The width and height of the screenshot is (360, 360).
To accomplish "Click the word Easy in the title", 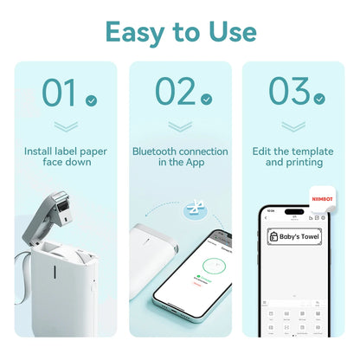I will coord(137,31).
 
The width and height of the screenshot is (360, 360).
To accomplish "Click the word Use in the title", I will coord(227,31).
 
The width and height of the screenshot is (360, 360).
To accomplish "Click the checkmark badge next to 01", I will coord(91,101).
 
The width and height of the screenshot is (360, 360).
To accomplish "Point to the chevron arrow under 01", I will coord(66,127).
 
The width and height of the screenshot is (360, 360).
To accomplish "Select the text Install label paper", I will coord(66,151).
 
